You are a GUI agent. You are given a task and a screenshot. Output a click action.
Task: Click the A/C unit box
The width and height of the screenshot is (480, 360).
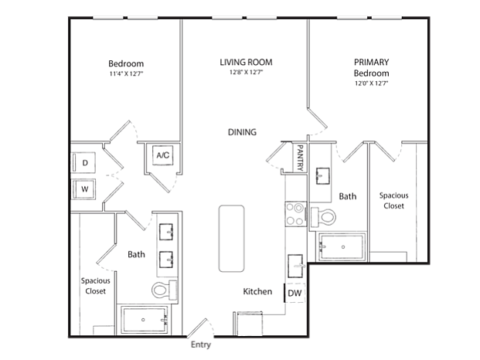(x=163, y=155)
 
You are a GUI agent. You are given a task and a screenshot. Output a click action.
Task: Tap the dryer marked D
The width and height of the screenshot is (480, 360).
(x=84, y=162)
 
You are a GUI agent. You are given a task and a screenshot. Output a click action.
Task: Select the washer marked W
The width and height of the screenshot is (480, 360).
(x=84, y=189)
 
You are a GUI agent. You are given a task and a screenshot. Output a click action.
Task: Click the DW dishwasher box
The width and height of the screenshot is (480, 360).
(x=294, y=293)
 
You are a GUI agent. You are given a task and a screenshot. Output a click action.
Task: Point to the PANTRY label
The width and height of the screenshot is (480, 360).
(x=300, y=158)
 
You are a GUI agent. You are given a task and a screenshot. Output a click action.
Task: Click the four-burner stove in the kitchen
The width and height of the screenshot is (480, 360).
(x=296, y=214)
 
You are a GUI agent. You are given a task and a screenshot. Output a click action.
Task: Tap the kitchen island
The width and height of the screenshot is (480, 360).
(x=231, y=239)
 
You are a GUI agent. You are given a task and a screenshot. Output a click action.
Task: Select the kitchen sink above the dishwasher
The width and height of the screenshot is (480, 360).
(x=296, y=266)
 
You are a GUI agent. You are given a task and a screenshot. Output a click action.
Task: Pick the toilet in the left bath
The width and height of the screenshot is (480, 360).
(x=165, y=289)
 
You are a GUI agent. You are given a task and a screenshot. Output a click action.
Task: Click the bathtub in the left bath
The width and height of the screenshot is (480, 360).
(x=145, y=320)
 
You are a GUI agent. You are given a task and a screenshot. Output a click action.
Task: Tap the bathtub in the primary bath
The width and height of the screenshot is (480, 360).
(x=342, y=247)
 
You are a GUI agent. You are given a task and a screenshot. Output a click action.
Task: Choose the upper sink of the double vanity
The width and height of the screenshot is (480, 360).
(x=166, y=232)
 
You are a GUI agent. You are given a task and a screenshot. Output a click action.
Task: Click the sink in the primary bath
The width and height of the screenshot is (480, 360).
(x=322, y=176)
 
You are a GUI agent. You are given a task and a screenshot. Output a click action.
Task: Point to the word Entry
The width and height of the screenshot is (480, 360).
(x=201, y=345)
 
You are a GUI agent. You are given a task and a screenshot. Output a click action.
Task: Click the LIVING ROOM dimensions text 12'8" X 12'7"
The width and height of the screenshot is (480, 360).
(x=246, y=73)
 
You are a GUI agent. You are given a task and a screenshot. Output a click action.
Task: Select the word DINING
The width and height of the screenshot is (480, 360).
(x=242, y=132)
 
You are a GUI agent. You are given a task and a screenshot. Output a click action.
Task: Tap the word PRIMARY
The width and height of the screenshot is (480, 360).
(x=371, y=62)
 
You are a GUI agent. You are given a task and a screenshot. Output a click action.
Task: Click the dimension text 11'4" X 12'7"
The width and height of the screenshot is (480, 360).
(x=126, y=73)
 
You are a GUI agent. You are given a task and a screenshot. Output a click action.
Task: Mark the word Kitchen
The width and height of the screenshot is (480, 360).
(x=257, y=291)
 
